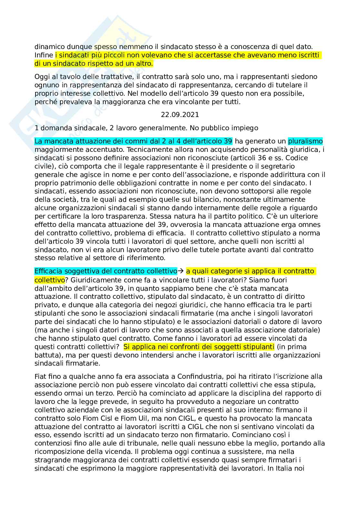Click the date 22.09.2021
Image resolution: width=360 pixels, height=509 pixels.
pos(180,114)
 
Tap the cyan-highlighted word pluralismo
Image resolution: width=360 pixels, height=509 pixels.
pos(305,141)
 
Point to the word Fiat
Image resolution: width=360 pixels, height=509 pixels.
pos(40,377)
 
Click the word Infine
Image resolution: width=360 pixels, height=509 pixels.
pos(44,55)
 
